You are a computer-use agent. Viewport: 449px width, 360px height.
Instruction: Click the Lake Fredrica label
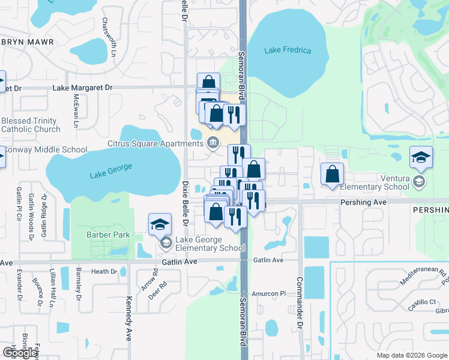(288, 50)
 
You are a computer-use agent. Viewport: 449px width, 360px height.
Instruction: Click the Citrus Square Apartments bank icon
(212, 143)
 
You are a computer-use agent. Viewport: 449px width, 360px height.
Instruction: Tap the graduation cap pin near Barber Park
(160, 225)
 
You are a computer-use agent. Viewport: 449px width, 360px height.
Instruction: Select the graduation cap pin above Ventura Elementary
(421, 157)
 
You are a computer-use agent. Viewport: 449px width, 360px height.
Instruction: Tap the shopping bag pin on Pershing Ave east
(332, 175)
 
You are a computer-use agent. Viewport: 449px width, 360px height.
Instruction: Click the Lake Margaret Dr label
(82, 88)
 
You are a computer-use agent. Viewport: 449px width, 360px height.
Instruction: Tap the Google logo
(20, 353)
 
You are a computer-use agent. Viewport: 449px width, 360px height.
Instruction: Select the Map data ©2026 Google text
(412, 355)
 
